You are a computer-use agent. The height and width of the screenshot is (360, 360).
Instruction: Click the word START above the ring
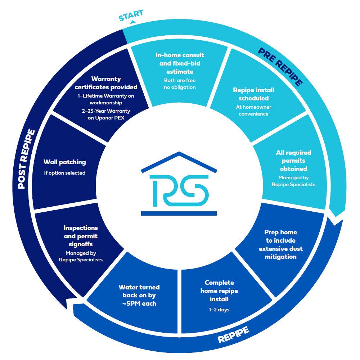[131, 15]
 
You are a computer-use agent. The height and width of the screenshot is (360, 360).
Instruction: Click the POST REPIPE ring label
[27, 159]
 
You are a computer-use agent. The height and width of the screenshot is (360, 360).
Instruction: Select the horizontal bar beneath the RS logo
[179, 213]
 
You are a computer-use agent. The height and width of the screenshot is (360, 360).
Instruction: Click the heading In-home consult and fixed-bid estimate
[180, 63]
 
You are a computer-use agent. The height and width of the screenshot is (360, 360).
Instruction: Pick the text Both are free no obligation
[180, 84]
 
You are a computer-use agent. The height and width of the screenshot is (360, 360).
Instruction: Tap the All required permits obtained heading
[293, 161]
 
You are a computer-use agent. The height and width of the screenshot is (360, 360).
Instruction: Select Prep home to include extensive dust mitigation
[280, 244]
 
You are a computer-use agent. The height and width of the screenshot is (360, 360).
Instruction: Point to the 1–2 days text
[219, 310]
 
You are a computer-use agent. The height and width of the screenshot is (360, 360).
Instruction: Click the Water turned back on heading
[139, 295]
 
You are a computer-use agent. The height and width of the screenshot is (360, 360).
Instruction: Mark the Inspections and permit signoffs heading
[81, 236]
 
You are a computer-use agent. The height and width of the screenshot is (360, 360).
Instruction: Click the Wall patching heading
[65, 162]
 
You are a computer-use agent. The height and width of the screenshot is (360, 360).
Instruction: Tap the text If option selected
[65, 173]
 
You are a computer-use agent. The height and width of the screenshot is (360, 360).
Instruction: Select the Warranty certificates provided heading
[106, 83]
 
